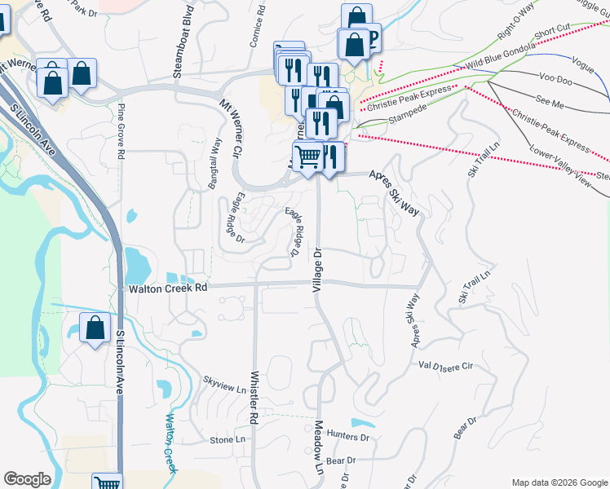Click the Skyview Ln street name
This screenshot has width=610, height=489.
[x=224, y=385]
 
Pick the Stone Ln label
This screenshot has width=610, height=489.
[x=228, y=440]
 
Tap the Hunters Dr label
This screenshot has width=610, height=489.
[x=347, y=437]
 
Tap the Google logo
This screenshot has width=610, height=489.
[x=27, y=479]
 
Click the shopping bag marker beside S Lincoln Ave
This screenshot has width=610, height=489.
[x=95, y=328]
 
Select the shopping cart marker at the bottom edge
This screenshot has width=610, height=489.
[x=107, y=482]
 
